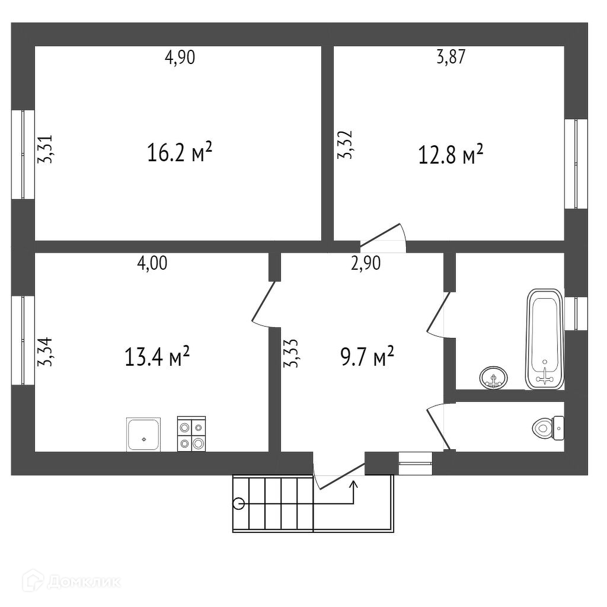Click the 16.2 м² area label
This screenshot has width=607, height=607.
tap(180, 152)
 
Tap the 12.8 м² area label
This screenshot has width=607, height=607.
tap(451, 154)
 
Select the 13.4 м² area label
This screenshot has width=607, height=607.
tap(156, 356)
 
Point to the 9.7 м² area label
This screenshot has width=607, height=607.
tap(367, 356)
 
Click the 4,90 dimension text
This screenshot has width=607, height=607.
tap(180, 57)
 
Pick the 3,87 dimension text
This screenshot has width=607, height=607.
tap(451, 57)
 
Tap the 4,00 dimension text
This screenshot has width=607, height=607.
tap(152, 263)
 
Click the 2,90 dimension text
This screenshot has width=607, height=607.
tap(365, 263)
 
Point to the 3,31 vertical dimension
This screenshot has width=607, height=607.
tap(45, 149)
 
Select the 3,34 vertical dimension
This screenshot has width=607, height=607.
tap(45, 352)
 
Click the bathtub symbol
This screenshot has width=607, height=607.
tap(544, 339)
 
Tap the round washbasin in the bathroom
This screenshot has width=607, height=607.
tap(493, 377)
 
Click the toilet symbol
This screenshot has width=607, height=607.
tap(548, 428)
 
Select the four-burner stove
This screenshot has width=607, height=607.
tap(191, 434)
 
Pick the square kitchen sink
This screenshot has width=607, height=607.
tap(143, 435)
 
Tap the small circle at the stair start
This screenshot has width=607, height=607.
tap(239, 504)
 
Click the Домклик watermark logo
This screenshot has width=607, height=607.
tap(72, 582)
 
